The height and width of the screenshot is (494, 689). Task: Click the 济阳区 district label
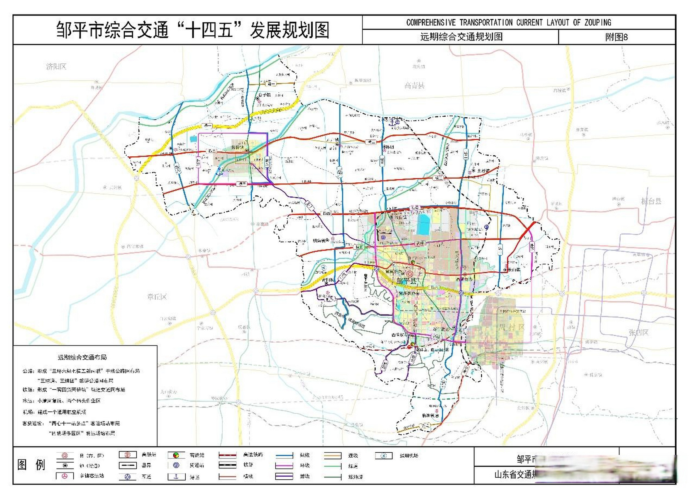(x=56, y=67)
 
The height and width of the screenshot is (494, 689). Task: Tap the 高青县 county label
(x=414, y=86)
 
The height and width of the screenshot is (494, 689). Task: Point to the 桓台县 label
(x=651, y=201)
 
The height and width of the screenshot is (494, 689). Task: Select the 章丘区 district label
(x=157, y=297)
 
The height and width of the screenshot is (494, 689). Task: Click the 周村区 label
(x=511, y=327)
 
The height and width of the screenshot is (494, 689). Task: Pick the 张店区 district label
(x=638, y=332)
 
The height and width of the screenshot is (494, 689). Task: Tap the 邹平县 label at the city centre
(x=406, y=281)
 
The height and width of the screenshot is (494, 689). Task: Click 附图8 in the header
(x=616, y=37)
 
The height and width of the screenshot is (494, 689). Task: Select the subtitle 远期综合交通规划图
(x=461, y=37)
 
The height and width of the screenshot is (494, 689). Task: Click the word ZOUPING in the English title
(x=598, y=22)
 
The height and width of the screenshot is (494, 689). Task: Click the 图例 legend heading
(x=31, y=465)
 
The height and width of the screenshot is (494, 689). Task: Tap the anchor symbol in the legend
(x=176, y=476)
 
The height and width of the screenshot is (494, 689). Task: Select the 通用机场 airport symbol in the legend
(x=384, y=456)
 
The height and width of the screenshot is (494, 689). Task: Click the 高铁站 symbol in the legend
(x=127, y=455)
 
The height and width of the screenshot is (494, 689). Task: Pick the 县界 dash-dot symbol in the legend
(x=127, y=465)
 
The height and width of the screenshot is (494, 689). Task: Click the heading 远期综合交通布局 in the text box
(x=82, y=357)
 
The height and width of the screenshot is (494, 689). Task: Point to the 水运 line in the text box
(x=62, y=401)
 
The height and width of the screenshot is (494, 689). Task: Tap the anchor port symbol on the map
(x=393, y=123)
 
